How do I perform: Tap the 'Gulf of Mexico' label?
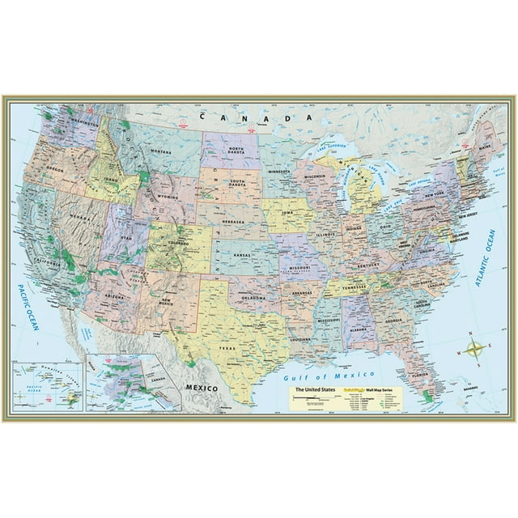[324, 376]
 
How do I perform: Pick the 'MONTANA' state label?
[162, 151]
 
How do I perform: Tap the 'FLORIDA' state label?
[417, 376]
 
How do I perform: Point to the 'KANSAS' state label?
[243, 253]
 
